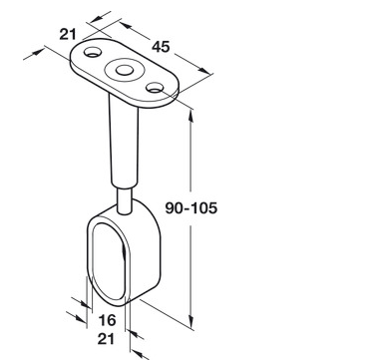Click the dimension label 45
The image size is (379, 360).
(x=161, y=47)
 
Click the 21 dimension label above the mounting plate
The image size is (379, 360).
(x=68, y=34)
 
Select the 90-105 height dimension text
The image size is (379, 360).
(x=191, y=208)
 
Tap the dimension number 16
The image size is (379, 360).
(x=107, y=320)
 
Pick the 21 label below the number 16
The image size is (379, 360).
(x=106, y=339)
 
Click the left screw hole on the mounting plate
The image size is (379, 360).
(x=93, y=52)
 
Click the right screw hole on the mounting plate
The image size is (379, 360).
(x=155, y=88)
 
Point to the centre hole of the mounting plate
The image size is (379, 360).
(x=124, y=70)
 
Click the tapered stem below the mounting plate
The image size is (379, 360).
(x=124, y=142)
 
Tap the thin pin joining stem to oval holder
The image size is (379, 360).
(x=125, y=200)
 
